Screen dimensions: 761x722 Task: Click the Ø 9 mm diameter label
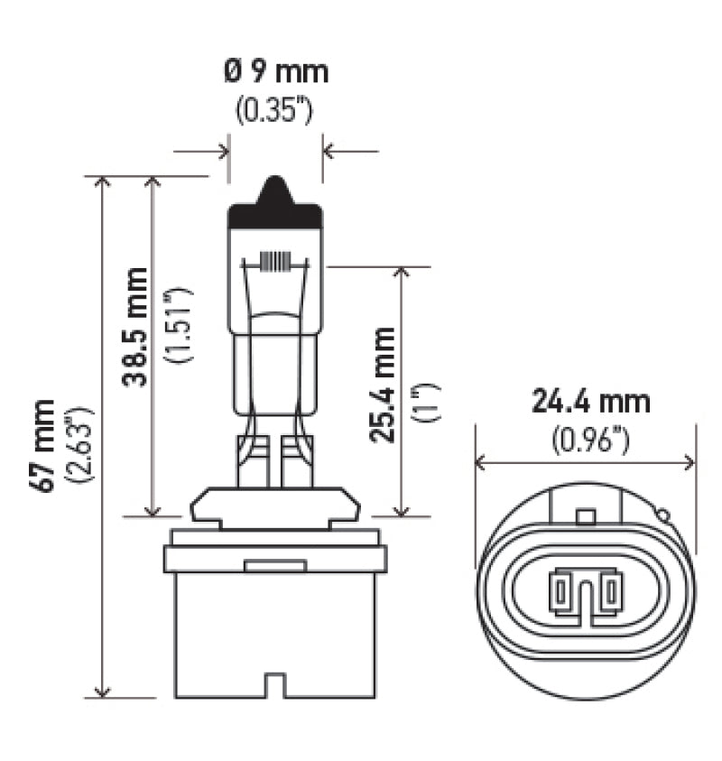pos(276,72)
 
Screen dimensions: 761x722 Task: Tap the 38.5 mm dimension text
pos(136,326)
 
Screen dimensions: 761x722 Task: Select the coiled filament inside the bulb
pos(275,262)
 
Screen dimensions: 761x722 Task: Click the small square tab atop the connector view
pos(586,515)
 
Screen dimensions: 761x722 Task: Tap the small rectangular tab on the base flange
pos(275,566)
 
